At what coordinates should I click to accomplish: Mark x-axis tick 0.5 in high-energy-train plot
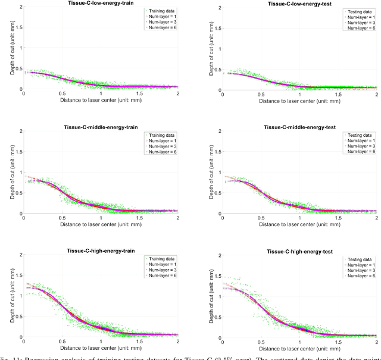(x=62, y=342)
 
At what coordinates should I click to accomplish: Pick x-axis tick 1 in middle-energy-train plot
(x=101, y=218)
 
